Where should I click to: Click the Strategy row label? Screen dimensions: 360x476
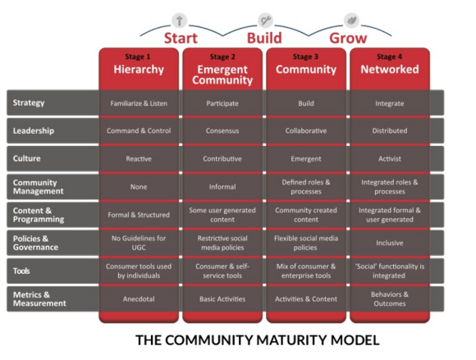51,103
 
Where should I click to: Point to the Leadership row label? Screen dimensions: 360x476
51,130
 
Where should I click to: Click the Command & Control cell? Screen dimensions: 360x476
139,130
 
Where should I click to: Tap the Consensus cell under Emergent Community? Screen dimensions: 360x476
222,130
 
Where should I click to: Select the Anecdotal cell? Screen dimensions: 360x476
139,298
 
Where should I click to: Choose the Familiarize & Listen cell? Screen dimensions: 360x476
139,103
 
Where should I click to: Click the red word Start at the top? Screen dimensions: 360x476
180,39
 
